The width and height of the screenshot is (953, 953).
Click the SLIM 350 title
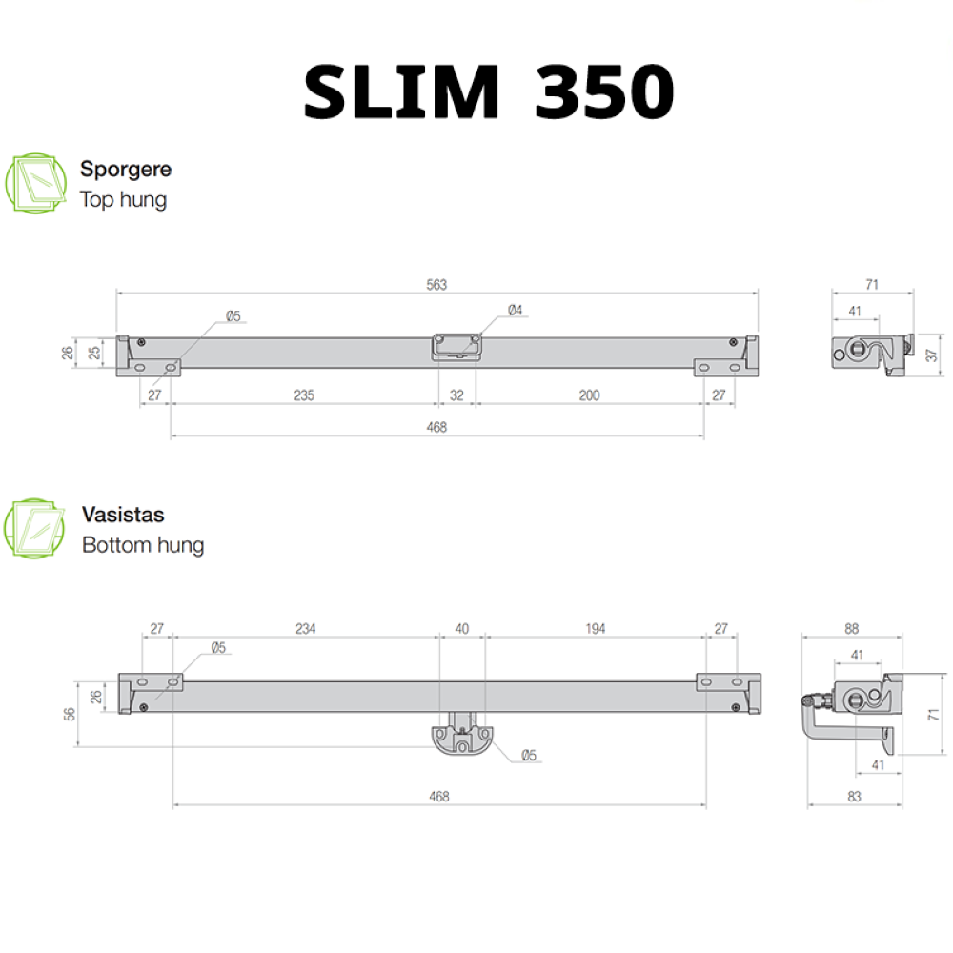489,93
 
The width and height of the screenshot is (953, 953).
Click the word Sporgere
126,170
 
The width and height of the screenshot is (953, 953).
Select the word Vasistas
123,515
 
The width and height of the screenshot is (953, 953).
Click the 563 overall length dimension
436,285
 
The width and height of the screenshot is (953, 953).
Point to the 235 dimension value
303,395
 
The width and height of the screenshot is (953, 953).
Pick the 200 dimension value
589,395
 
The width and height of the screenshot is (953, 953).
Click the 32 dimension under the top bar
456,395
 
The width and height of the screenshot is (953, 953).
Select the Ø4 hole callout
515,310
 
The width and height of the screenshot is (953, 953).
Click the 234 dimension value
305,629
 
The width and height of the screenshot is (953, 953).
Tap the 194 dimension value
595,629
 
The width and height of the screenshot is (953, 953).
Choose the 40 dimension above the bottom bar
462,629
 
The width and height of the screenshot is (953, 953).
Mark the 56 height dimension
69,713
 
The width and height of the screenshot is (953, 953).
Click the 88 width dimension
851,628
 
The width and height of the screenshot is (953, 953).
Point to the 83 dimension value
853,796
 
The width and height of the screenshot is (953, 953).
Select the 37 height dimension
932,355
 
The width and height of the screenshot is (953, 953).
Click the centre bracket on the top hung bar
456,346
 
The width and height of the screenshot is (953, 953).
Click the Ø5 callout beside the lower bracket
529,756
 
